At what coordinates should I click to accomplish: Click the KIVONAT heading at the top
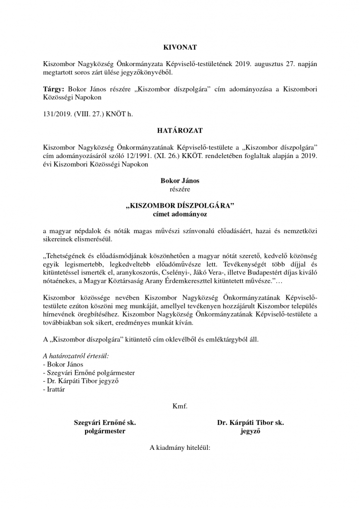point(180,47)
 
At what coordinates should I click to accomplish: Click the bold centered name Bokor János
point(180,180)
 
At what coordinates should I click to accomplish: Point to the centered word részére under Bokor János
point(180,189)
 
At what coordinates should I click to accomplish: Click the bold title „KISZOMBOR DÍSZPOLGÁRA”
point(180,206)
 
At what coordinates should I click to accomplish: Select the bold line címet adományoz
point(180,214)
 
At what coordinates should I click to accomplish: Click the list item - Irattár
point(54,389)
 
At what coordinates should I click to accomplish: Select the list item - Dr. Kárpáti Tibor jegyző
point(81,381)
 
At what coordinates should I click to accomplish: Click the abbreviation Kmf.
point(180,406)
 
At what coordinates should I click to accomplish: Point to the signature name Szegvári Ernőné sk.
point(105,423)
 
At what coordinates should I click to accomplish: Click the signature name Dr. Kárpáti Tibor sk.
point(251,423)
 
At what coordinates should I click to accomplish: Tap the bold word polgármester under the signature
point(105,431)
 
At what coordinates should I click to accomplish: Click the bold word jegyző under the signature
point(251,431)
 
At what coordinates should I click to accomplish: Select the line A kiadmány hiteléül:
point(180,447)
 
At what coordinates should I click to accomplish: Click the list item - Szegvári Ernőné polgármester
point(89,372)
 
